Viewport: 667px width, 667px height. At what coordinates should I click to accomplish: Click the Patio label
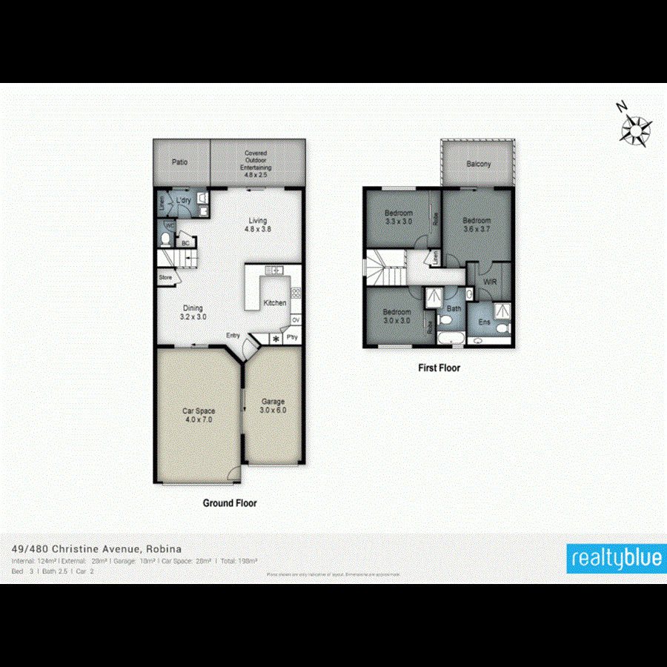click(179, 161)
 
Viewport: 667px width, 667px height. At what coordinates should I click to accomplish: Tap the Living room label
click(257, 225)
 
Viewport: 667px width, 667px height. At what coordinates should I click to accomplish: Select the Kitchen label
click(275, 303)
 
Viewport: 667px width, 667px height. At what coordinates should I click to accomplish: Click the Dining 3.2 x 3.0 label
click(193, 312)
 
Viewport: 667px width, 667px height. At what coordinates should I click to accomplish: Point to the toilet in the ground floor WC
click(165, 239)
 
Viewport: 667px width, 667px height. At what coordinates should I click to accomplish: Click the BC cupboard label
click(185, 243)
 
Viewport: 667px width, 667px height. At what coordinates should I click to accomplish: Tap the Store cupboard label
click(165, 278)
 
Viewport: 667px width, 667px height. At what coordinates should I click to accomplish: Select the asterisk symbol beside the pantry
click(276, 339)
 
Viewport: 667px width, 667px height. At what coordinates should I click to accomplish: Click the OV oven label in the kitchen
click(295, 320)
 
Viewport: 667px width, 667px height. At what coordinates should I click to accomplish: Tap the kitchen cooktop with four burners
click(296, 293)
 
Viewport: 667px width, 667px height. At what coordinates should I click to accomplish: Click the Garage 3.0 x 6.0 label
click(273, 405)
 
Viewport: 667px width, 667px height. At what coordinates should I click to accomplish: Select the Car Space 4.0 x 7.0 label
click(198, 414)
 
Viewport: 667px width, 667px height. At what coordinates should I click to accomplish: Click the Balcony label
click(479, 165)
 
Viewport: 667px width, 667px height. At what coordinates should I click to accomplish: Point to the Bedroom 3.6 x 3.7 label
click(477, 225)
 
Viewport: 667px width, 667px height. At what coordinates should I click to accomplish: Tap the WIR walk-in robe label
click(489, 282)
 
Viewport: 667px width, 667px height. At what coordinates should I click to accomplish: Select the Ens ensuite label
click(484, 322)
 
